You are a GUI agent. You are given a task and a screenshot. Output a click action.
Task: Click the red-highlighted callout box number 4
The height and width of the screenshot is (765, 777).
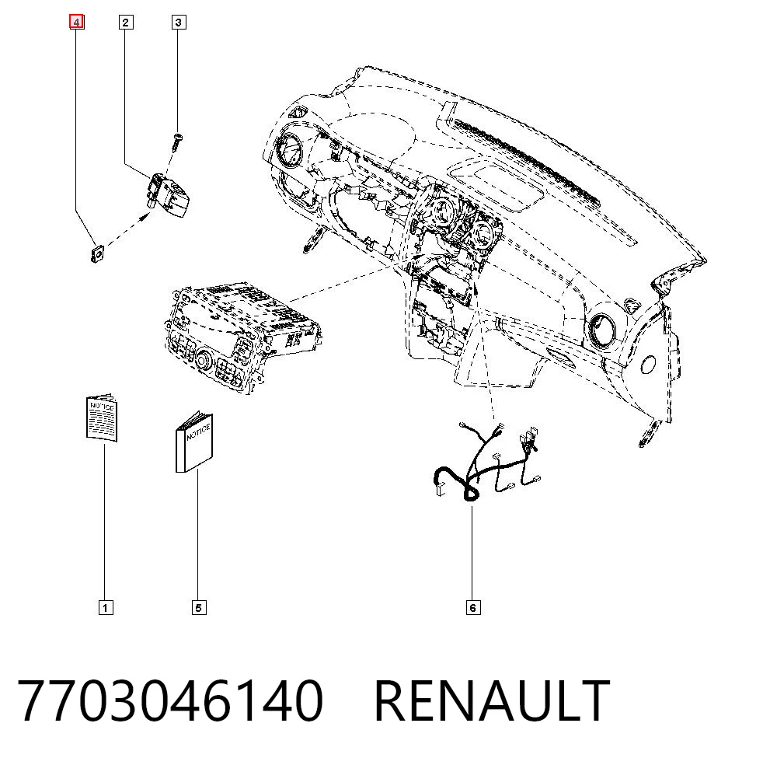[x=76, y=23]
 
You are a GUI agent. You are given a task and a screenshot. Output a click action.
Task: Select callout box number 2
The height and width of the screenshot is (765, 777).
[x=126, y=23]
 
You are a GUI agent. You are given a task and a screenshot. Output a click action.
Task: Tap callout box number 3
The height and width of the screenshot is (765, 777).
[x=179, y=23]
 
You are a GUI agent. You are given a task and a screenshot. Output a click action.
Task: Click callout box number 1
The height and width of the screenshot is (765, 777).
[x=106, y=607]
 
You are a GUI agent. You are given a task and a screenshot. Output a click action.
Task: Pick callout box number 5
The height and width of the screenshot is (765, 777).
[x=199, y=607]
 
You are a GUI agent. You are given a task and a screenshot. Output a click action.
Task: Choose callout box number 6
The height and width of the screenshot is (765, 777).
[x=473, y=607]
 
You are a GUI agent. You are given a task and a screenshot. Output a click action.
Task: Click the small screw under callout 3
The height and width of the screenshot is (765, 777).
[x=176, y=143]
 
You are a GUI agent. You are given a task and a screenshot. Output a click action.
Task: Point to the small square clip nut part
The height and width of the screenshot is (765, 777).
[x=98, y=254]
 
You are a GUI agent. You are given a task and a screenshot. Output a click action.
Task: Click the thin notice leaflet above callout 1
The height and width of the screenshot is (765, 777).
[x=102, y=417]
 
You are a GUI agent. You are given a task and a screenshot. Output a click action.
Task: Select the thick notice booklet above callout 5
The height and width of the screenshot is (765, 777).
[x=194, y=442]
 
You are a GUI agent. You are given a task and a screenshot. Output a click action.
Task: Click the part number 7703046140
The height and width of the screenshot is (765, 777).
[x=170, y=701]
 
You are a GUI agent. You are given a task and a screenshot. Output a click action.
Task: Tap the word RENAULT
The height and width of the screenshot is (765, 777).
[x=492, y=701]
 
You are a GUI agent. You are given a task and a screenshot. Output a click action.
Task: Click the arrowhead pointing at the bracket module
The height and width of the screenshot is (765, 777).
[x=146, y=216]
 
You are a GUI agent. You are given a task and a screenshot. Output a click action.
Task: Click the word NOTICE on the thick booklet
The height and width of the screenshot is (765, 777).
[x=198, y=431]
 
